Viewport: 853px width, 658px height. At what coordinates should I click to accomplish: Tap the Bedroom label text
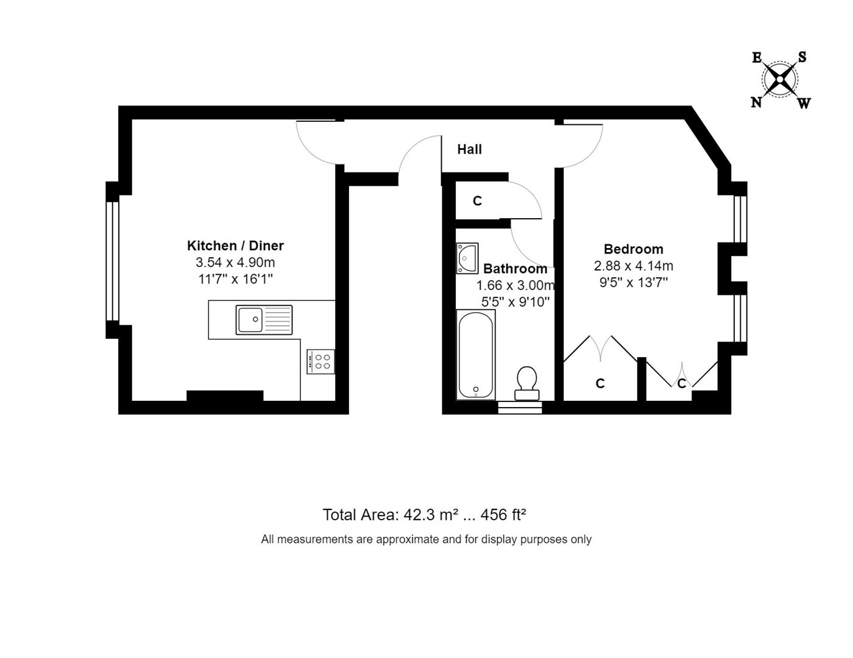pos(633,249)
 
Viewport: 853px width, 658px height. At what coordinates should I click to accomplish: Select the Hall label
pos(469,149)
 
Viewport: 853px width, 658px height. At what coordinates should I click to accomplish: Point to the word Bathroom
pos(515,269)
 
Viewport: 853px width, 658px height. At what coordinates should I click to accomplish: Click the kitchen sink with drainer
pos(264,320)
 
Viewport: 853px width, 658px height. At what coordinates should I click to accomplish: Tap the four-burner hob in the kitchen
pos(320,361)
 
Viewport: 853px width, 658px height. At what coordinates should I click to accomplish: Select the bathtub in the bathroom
pos(475,355)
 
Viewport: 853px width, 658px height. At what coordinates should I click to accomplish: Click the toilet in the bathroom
pos(527,383)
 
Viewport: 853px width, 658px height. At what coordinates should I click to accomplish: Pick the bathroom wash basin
pos(467,258)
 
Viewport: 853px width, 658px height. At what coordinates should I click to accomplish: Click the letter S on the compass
pos(802,57)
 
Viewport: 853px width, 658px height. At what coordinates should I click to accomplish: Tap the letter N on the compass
pos(756,102)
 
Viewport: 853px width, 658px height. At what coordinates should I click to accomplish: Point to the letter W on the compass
pos(804,104)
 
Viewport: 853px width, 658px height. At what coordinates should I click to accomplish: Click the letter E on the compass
pos(757,58)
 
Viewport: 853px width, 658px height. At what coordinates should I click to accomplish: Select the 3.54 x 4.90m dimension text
pos(235,262)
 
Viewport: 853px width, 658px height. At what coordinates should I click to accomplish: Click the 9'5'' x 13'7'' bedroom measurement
pos(633,283)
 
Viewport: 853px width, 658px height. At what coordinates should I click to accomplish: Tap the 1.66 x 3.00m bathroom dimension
pos(515,285)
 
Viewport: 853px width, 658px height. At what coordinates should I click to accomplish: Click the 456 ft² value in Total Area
pos(503,515)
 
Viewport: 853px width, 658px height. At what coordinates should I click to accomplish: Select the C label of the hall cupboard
pos(477,201)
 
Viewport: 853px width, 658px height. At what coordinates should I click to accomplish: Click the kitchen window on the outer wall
pos(112,261)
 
